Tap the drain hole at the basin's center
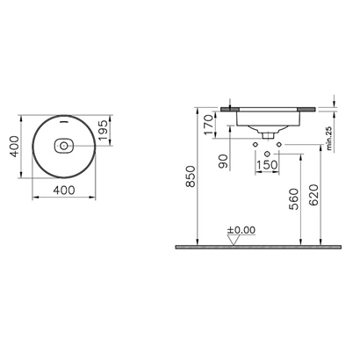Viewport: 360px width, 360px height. pyautogui.click(x=63, y=145)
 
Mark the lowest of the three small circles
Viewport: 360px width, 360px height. pyautogui.click(x=264, y=147)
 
